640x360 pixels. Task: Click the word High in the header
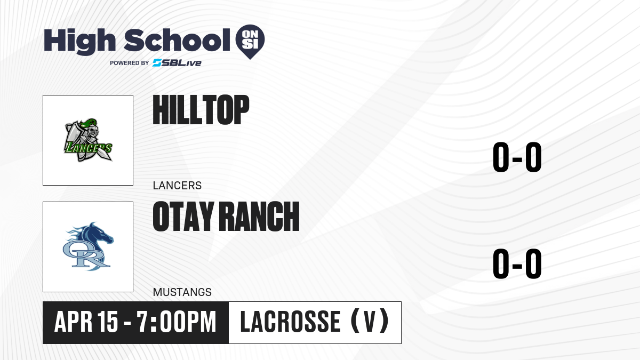[79, 42]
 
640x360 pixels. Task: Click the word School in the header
[177, 41]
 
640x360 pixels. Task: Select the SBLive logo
[177, 63]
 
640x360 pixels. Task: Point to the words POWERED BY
[130, 63]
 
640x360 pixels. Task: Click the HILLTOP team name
[201, 110]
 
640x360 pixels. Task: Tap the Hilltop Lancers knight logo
[88, 140]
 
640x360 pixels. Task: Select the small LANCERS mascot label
[177, 186]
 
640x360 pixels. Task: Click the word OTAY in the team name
[183, 217]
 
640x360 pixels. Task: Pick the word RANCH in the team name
[261, 217]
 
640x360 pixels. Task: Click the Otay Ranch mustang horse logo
[88, 246]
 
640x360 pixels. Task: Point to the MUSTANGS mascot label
[182, 292]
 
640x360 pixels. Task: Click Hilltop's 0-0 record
[517, 157]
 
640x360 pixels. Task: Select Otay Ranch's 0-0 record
[517, 263]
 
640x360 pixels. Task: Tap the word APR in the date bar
[74, 322]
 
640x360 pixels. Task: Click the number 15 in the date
[107, 322]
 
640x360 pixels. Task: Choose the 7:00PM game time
[177, 322]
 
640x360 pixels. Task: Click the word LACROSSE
[290, 322]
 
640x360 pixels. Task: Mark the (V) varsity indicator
[370, 322]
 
